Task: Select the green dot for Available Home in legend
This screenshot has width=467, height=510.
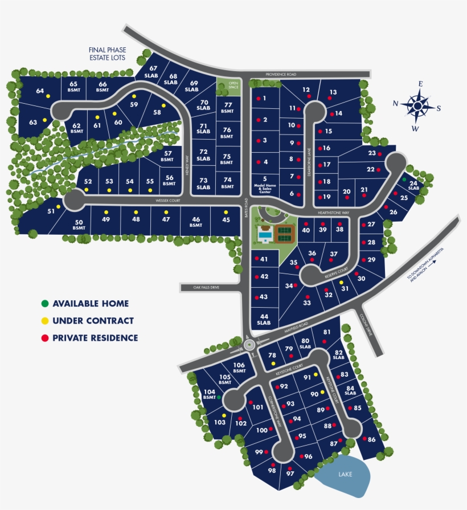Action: click(x=44, y=304)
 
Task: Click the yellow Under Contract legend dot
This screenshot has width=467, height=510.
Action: click(x=44, y=321)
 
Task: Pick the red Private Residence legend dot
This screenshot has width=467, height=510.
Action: click(x=44, y=338)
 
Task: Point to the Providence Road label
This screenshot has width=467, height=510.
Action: click(x=281, y=75)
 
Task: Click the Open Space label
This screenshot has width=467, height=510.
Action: click(x=233, y=85)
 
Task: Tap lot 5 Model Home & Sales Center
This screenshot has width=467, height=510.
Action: click(x=265, y=185)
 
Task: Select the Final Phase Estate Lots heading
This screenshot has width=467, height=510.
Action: click(x=107, y=54)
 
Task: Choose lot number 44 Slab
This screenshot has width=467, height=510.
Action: click(x=264, y=319)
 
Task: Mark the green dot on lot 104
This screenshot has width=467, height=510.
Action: click(x=218, y=397)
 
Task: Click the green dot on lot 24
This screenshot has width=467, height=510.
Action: click(x=404, y=179)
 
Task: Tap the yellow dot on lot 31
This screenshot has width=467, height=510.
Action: click(x=341, y=283)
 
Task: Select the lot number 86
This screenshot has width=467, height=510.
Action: click(x=372, y=439)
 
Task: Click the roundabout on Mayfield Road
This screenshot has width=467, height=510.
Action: click(x=249, y=344)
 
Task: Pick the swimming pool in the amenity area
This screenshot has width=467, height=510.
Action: click(x=264, y=233)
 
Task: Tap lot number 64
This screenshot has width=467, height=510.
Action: click(x=40, y=91)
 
